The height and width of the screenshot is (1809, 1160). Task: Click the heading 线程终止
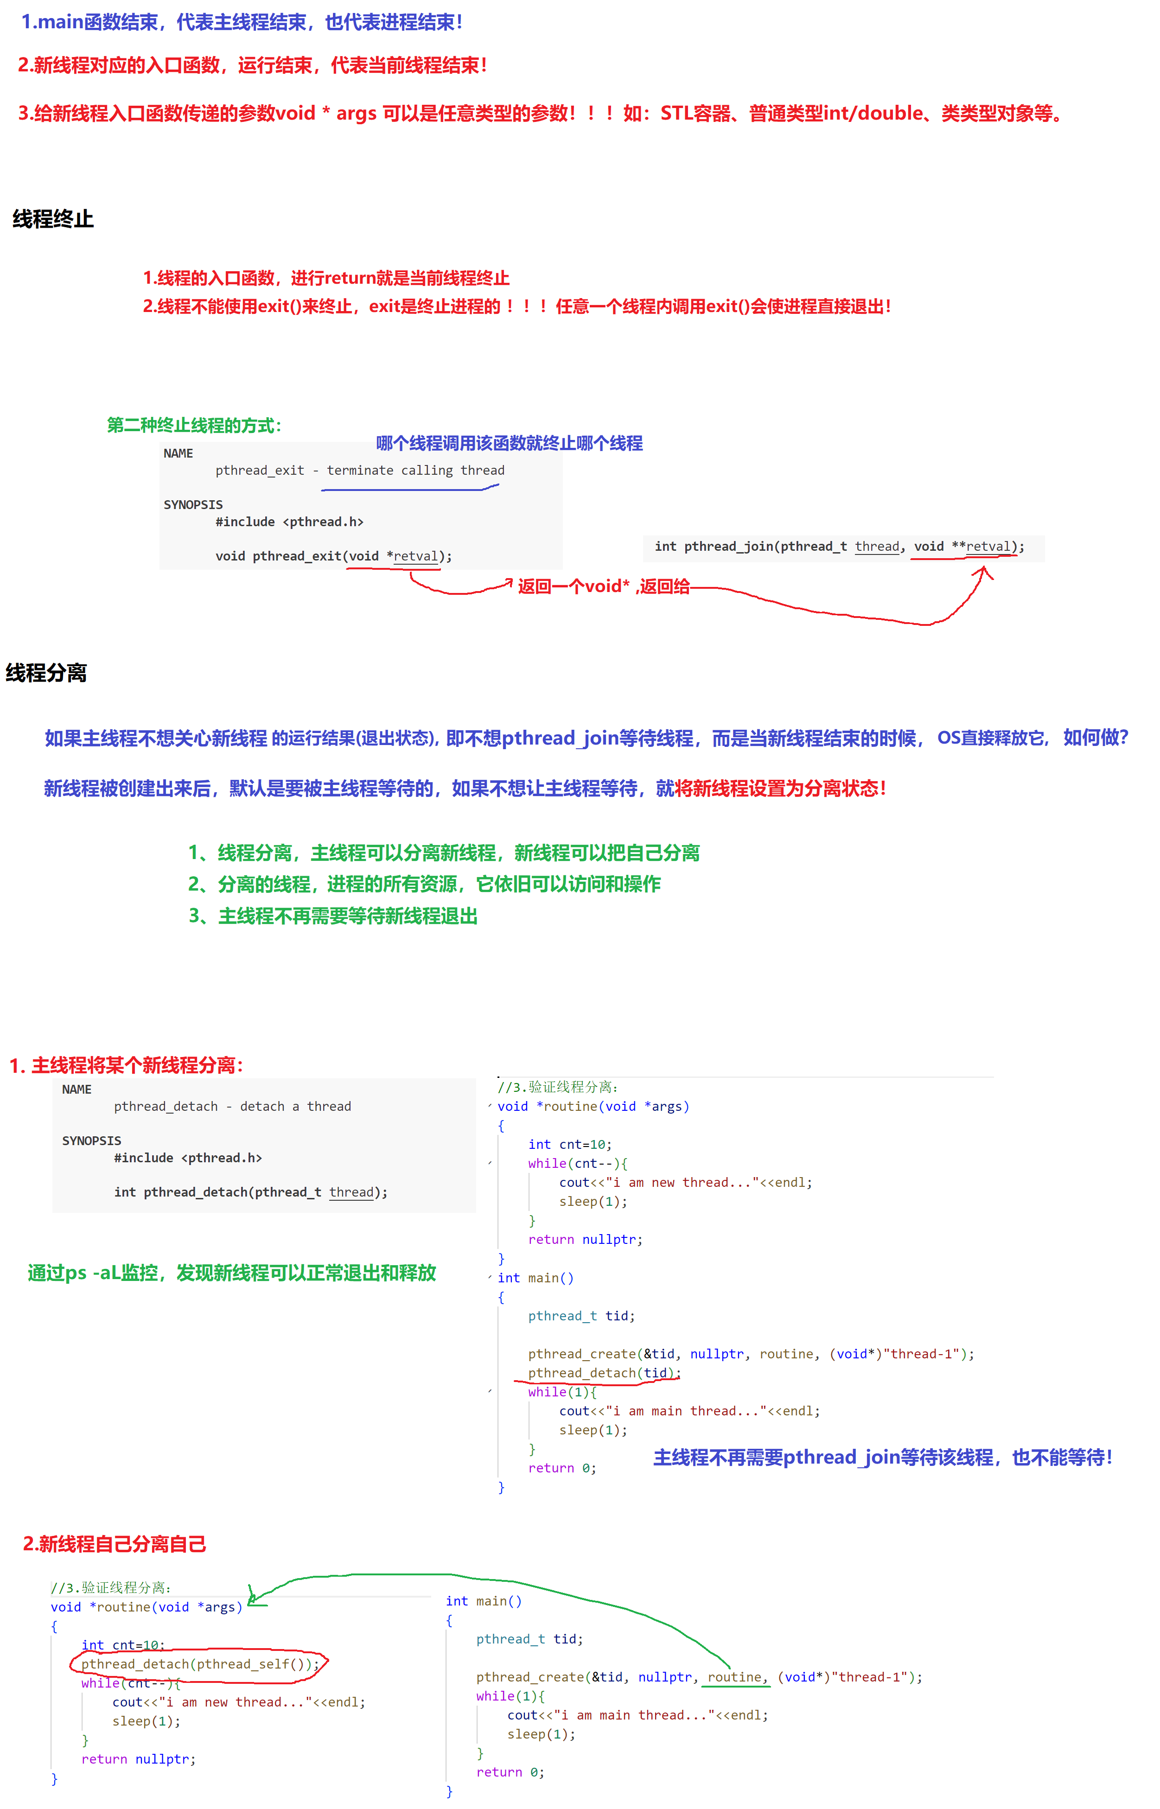tap(53, 219)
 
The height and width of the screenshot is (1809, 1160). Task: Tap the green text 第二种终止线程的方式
tap(194, 426)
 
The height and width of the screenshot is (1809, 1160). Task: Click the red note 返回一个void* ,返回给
tap(603, 586)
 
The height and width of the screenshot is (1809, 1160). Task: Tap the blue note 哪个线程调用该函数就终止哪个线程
tap(509, 443)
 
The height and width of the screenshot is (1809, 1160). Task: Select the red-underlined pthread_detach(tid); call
tap(603, 1373)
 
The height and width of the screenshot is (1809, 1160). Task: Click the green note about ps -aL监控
tap(232, 1273)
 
